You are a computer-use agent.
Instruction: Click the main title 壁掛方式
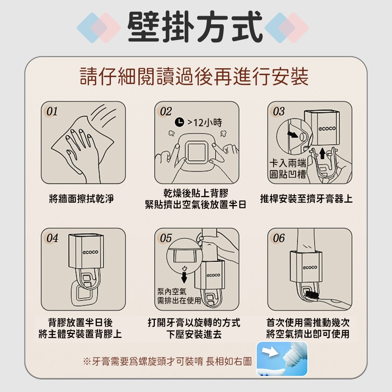(x=195, y=27)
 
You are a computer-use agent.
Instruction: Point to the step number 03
(x=279, y=111)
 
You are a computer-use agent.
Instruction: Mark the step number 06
(x=279, y=238)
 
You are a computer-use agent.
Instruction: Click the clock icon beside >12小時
(x=178, y=122)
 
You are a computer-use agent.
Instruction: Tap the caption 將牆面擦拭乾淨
(x=82, y=199)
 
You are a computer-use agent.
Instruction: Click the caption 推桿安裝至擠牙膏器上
(x=306, y=199)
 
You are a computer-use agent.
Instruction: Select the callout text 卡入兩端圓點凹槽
(x=288, y=169)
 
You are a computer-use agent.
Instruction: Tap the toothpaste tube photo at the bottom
(x=282, y=359)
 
